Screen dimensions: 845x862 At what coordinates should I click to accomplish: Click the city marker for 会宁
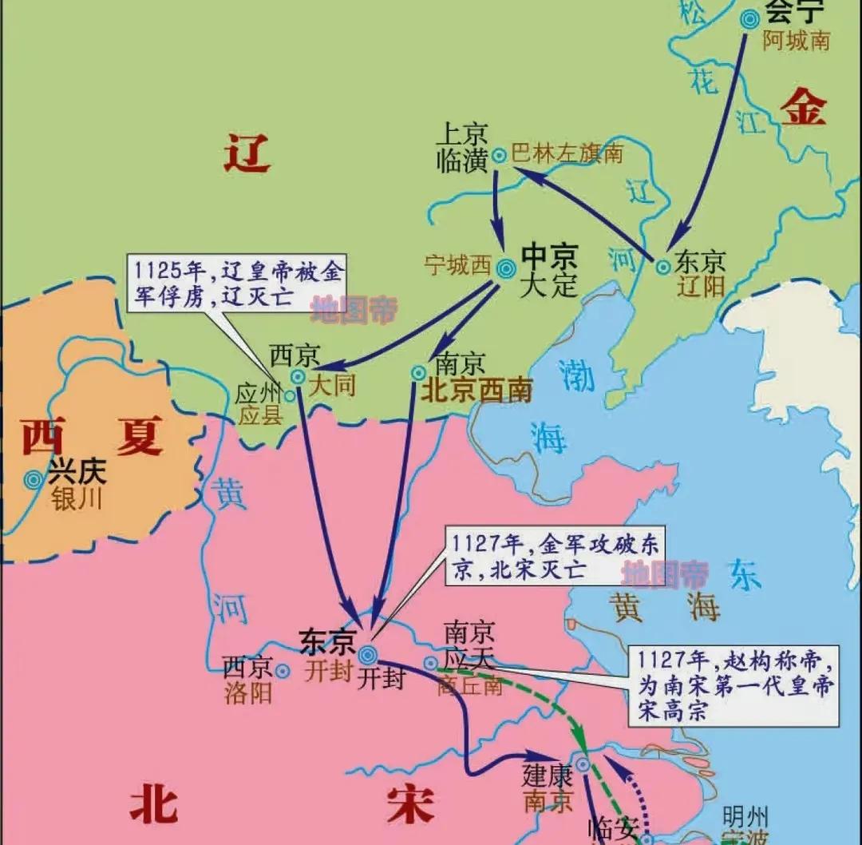point(749,19)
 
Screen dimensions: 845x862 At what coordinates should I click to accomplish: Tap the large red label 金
point(803,109)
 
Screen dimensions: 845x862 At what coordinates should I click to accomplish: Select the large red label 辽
point(247,153)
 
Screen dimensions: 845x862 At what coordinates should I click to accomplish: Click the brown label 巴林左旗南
point(567,154)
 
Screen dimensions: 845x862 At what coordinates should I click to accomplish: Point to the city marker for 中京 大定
point(505,269)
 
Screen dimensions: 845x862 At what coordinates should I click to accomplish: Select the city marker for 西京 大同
point(298,376)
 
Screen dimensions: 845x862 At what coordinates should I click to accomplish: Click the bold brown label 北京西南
point(476,390)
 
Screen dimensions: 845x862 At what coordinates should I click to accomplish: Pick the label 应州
point(255,395)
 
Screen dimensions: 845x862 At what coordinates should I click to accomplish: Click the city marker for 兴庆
point(34,479)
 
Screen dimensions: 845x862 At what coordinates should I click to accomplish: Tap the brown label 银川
point(77,500)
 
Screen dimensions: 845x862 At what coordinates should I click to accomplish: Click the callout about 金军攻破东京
point(553,557)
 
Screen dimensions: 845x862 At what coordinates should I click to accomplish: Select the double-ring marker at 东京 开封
point(368,655)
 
